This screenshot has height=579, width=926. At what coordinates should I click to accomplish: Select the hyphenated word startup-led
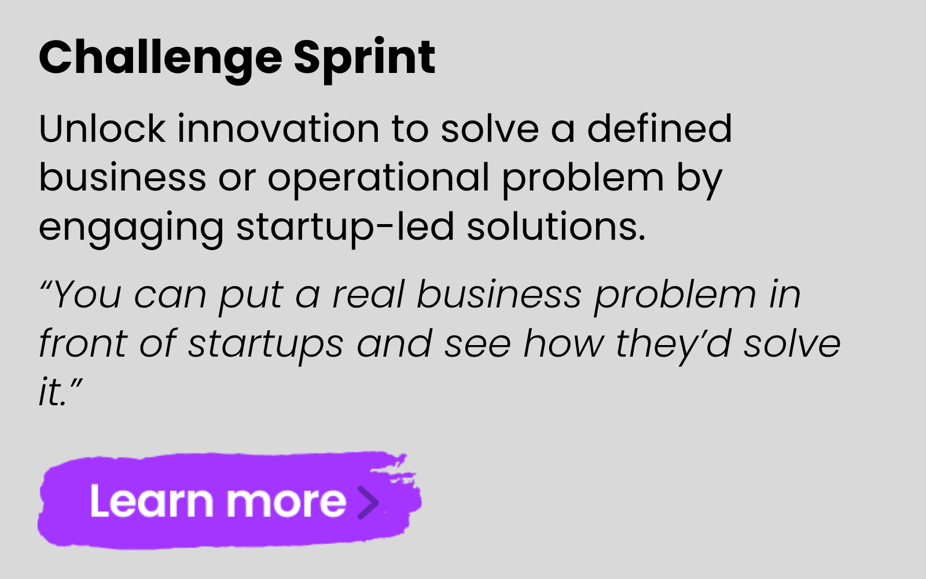click(x=345, y=228)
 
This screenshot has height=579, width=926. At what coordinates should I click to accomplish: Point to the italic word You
click(x=87, y=294)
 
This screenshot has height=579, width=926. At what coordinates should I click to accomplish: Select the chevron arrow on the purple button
click(x=368, y=503)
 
